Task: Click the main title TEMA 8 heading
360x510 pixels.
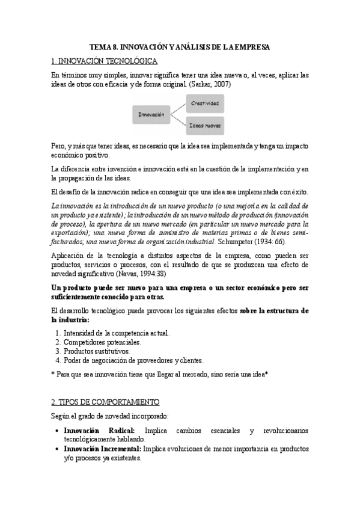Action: point(180,46)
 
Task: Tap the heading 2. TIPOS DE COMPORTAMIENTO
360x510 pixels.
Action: point(106,401)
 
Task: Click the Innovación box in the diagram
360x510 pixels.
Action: point(151,114)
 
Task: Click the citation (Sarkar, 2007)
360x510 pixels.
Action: point(209,85)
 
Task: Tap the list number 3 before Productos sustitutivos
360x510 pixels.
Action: point(58,351)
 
